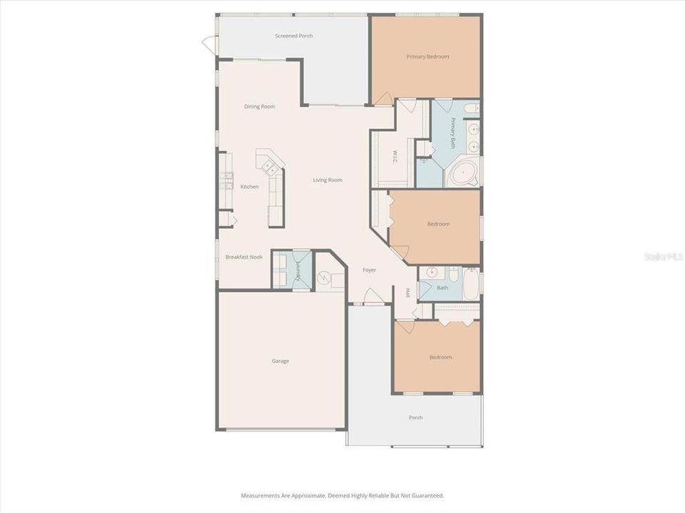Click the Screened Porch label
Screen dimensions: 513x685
[x=294, y=36]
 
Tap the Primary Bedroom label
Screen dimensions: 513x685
[x=427, y=56]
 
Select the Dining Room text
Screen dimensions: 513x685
[x=259, y=107]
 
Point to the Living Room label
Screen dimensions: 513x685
[x=328, y=180]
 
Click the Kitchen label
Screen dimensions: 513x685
[x=249, y=187]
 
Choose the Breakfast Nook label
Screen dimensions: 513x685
[x=244, y=256]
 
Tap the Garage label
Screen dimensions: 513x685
[x=280, y=361]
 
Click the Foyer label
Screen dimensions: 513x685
[x=369, y=270]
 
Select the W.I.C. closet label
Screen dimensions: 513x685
[x=395, y=157]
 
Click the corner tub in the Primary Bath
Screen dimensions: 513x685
[x=465, y=173]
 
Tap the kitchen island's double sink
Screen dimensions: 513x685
[x=271, y=167]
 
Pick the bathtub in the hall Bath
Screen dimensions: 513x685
[x=472, y=284]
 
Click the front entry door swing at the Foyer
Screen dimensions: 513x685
[x=372, y=296]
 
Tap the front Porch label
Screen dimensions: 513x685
[x=415, y=418]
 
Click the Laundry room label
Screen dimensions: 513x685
[x=299, y=270]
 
